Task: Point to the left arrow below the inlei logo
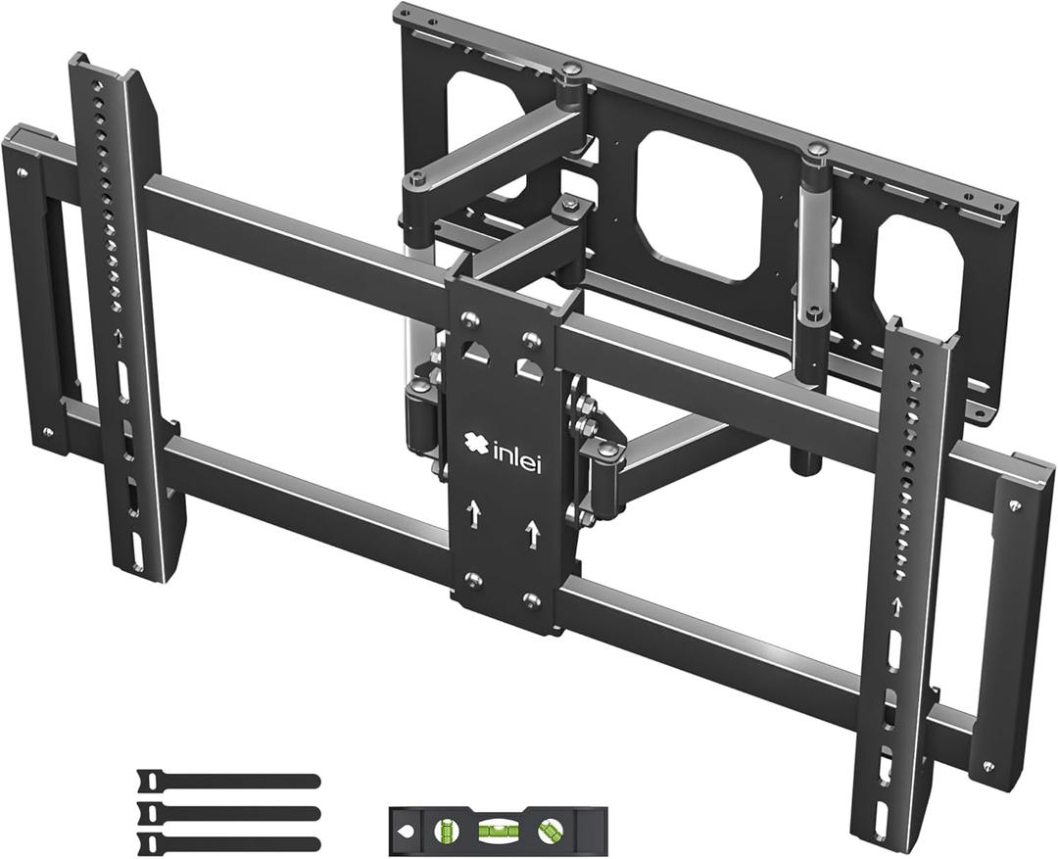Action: point(475,511)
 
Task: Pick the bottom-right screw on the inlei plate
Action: point(532,599)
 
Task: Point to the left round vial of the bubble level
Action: point(442,831)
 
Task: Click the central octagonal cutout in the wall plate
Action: point(699,205)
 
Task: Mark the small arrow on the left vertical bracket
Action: point(119,337)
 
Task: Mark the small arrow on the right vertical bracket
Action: point(895,605)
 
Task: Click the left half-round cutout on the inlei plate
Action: point(476,353)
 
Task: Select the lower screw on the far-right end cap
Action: point(988,766)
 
